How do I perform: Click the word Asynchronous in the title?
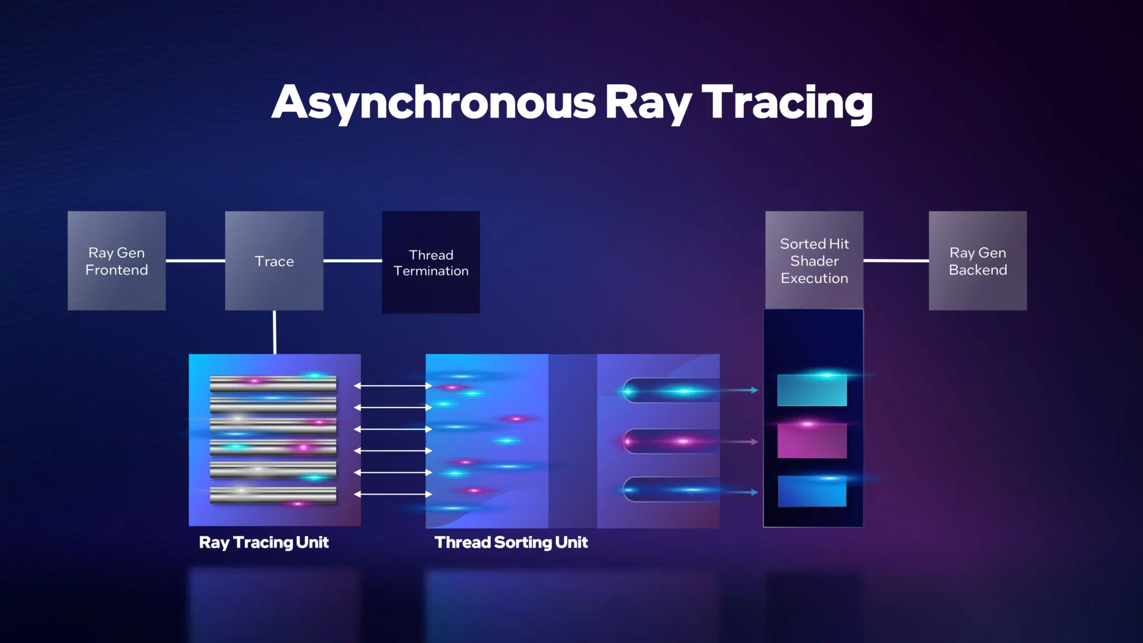(x=434, y=103)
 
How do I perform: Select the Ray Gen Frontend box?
(x=117, y=261)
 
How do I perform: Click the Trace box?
(x=274, y=261)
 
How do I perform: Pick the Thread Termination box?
(x=431, y=262)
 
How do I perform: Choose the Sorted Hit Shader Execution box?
(x=814, y=260)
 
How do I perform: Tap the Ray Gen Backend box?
(x=978, y=261)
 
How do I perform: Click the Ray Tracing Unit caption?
(x=264, y=543)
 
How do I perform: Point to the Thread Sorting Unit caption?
(x=511, y=543)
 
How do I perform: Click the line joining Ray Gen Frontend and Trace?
(x=195, y=261)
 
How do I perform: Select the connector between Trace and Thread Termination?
(x=353, y=261)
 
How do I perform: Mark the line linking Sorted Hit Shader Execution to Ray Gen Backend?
(x=896, y=261)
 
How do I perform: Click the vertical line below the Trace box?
(x=275, y=332)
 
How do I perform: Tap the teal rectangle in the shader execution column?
(x=812, y=390)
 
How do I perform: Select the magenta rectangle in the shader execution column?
(x=812, y=441)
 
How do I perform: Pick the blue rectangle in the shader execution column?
(x=812, y=491)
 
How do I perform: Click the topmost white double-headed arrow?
(x=393, y=386)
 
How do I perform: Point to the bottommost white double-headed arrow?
(x=393, y=494)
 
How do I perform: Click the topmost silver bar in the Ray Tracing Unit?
(x=273, y=383)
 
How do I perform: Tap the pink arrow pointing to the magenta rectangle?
(x=739, y=442)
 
